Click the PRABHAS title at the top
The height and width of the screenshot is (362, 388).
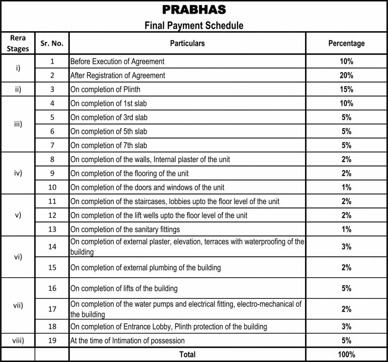pyautogui.click(x=194, y=9)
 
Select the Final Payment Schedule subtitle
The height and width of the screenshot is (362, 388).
pyautogui.click(x=194, y=25)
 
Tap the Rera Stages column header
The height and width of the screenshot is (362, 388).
pyautogui.click(x=18, y=43)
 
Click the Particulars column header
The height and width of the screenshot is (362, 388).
pyautogui.click(x=187, y=43)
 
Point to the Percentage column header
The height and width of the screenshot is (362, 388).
pyautogui.click(x=347, y=43)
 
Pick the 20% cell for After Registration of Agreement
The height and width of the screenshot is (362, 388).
pyautogui.click(x=347, y=75)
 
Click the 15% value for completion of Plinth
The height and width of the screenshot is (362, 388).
pyautogui.click(x=347, y=90)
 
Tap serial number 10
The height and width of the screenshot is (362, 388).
pyautogui.click(x=52, y=187)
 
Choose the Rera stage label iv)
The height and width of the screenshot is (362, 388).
pyautogui.click(x=18, y=173)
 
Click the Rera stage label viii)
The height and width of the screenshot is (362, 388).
pyautogui.click(x=18, y=340)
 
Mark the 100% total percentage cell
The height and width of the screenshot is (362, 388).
pyautogui.click(x=347, y=354)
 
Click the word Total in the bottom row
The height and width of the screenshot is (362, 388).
pyautogui.click(x=187, y=354)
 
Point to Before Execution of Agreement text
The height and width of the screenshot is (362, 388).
pyautogui.click(x=117, y=61)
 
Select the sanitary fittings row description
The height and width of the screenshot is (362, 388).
pyautogui.click(x=125, y=230)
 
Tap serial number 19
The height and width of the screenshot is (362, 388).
pyautogui.click(x=52, y=340)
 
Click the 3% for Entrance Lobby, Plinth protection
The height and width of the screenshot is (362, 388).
pyautogui.click(x=347, y=327)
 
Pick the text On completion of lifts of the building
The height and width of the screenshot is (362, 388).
pyautogui.click(x=124, y=288)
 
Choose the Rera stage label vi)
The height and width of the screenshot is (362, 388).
pyautogui.click(x=18, y=257)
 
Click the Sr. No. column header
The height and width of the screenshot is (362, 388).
pyautogui.click(x=52, y=43)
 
